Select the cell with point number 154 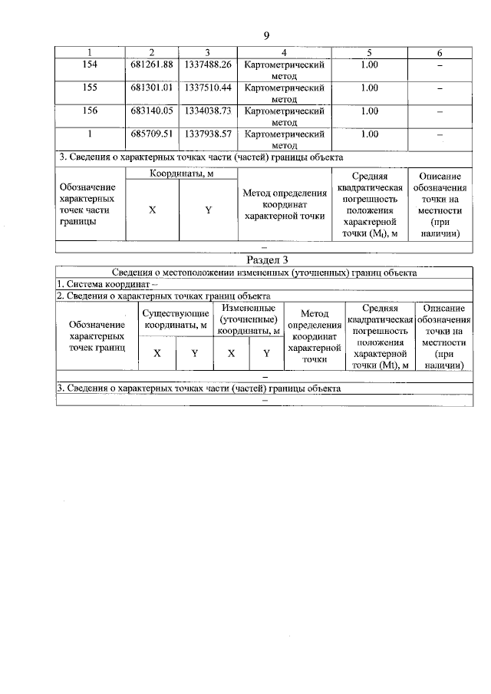(89, 65)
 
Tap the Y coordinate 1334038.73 (208, 111)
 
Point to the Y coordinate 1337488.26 (208, 65)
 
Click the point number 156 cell (89, 111)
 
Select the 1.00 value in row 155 (369, 88)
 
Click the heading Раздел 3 (265, 260)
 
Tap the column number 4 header (284, 52)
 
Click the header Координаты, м (181, 173)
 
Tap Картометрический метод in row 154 (284, 71)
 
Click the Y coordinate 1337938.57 (208, 134)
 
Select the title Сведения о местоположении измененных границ (265, 272)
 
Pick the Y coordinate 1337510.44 (208, 88)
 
